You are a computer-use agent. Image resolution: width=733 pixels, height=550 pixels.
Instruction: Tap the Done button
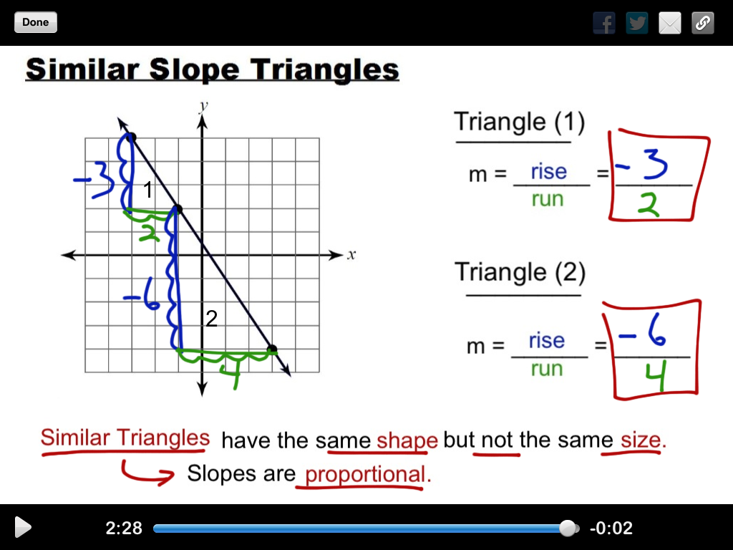[x=35, y=22]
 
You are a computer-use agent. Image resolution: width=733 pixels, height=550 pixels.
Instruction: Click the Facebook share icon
[x=604, y=24]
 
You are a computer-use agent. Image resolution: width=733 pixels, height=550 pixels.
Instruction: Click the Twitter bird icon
[x=637, y=24]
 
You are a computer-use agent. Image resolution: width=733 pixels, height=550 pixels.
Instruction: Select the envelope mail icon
[x=670, y=24]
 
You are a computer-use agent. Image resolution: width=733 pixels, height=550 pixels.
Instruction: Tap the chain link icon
[x=703, y=24]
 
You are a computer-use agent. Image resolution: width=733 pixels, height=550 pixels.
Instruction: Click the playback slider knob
[x=568, y=529]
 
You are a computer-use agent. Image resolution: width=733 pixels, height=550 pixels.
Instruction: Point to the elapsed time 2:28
[x=124, y=529]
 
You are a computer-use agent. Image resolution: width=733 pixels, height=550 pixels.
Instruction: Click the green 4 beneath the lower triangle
[x=231, y=373]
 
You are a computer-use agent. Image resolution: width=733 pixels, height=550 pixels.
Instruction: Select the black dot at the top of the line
[x=130, y=136]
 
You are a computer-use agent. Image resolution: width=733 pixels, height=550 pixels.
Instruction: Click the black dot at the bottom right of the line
[x=272, y=349]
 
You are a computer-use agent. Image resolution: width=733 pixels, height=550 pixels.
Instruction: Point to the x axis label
[x=351, y=255]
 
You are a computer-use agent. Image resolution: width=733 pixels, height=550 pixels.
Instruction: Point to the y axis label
[x=203, y=106]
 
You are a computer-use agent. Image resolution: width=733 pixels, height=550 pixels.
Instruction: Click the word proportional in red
[x=364, y=474]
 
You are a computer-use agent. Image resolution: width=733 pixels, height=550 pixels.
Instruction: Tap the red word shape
[x=407, y=440]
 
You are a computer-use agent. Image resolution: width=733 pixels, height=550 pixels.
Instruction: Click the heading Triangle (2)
[x=520, y=272]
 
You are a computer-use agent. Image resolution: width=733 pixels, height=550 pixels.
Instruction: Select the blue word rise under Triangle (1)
[x=548, y=172]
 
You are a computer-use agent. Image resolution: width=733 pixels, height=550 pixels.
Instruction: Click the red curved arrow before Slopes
[x=145, y=473]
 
